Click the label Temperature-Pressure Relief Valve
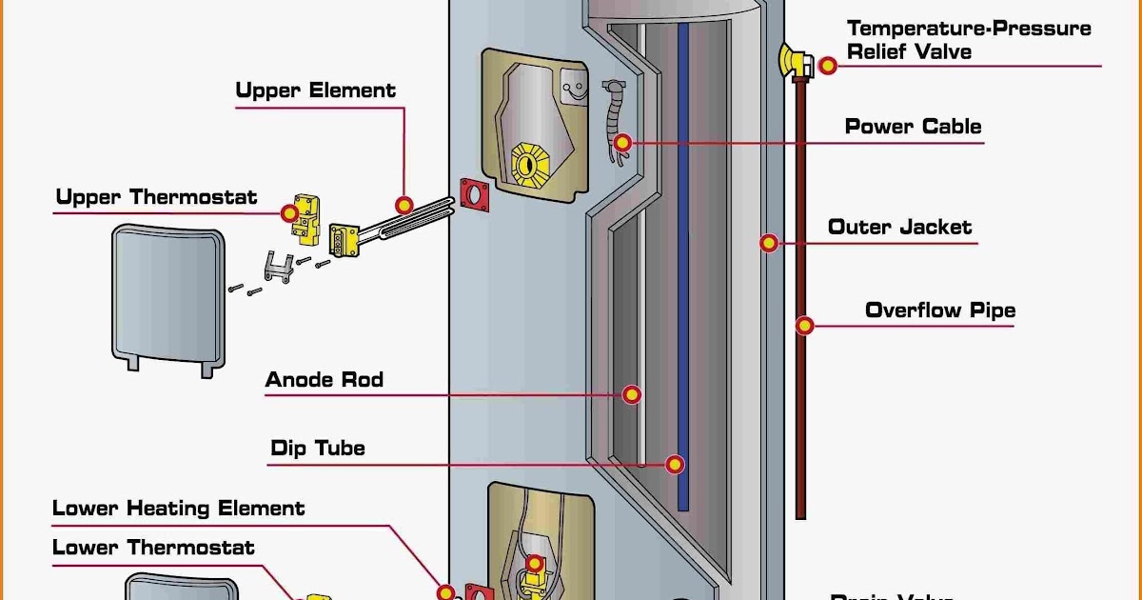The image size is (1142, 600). click(969, 40)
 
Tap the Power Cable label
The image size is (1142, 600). click(913, 127)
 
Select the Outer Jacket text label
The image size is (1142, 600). click(899, 228)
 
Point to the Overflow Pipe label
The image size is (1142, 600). click(939, 310)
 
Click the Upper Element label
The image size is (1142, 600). click(315, 91)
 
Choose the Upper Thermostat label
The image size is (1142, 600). click(156, 198)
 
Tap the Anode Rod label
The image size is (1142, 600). click(324, 380)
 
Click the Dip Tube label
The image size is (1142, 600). click(317, 448)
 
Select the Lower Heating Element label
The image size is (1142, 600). click(178, 509)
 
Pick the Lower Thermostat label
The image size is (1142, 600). click(153, 548)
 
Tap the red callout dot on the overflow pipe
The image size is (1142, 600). click(805, 326)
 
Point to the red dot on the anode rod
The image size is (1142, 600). click(631, 394)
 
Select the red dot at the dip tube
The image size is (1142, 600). click(675, 464)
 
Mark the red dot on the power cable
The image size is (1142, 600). click(622, 144)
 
